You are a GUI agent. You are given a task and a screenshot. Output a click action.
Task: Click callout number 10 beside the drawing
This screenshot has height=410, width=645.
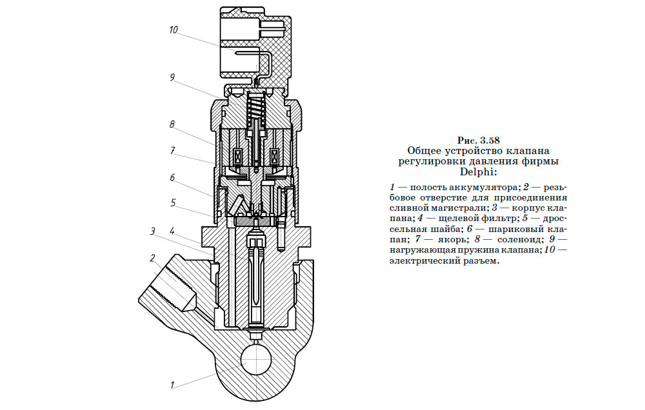point(174,30)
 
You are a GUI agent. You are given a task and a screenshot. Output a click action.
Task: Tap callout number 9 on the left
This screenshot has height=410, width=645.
point(172,77)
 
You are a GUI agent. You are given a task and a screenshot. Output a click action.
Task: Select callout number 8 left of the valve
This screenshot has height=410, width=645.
point(172,124)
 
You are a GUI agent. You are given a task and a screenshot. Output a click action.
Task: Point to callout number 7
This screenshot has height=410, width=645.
point(172,150)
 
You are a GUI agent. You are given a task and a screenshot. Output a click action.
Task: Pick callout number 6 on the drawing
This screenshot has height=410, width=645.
point(172,177)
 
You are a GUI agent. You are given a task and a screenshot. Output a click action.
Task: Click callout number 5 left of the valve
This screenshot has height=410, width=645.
point(172,202)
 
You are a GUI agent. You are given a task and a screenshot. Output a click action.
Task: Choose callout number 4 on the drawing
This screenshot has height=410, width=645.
point(172,230)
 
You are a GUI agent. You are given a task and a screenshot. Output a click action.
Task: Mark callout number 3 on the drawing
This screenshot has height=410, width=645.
point(153,231)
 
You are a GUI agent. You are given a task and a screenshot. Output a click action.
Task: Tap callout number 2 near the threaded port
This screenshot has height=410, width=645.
point(153,259)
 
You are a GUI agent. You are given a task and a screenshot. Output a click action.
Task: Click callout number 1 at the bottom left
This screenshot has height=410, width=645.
point(172,386)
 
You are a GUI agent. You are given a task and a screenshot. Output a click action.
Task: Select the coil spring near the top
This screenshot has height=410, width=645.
point(257,106)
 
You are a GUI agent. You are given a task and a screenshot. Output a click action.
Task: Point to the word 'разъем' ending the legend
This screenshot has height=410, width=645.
point(480,262)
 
